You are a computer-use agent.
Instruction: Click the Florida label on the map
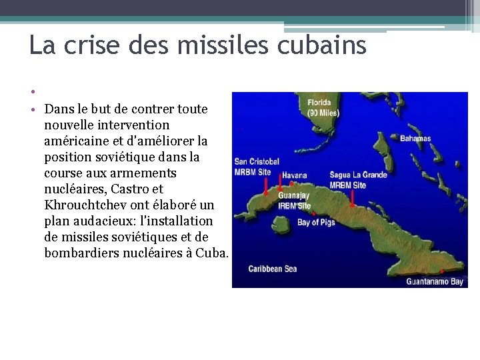click(319, 103)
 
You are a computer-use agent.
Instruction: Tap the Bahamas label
click(415, 139)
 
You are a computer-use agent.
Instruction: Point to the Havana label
click(295, 175)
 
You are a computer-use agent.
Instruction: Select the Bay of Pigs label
click(316, 223)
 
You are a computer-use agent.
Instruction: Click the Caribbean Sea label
click(273, 269)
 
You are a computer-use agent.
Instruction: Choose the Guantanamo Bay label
click(435, 281)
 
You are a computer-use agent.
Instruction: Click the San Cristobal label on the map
click(257, 162)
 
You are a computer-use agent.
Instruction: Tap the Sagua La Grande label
click(358, 175)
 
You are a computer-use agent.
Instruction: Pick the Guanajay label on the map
click(294, 196)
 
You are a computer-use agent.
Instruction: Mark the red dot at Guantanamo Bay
click(441, 271)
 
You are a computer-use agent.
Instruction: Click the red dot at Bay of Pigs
click(314, 214)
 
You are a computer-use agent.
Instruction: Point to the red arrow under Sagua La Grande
click(352, 197)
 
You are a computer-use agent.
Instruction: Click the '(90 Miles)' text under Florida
click(323, 113)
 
